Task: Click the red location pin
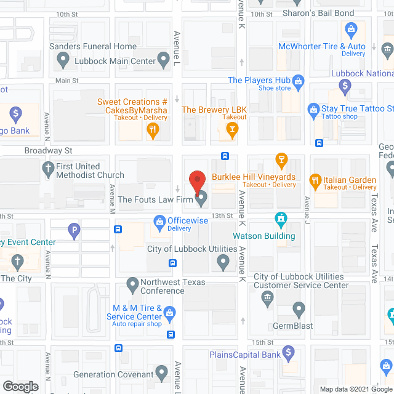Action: (x=196, y=181)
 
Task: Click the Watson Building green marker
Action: (x=281, y=219)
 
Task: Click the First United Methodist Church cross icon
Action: (x=48, y=167)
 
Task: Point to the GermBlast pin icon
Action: (x=299, y=309)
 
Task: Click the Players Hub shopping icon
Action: (x=299, y=80)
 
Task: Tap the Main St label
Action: (x=66, y=81)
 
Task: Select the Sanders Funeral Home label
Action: (x=93, y=46)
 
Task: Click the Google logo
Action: (x=20, y=387)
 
